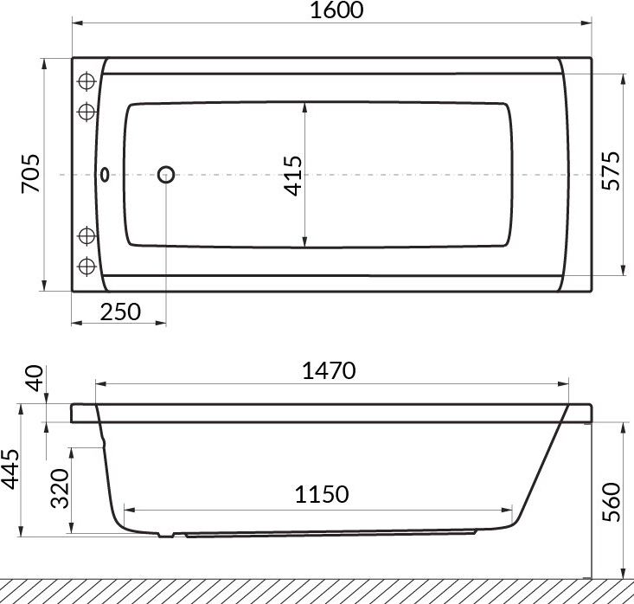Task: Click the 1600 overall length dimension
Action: (x=332, y=11)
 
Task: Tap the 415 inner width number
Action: (x=293, y=175)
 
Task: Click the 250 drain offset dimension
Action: (x=119, y=312)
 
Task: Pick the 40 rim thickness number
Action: (x=33, y=379)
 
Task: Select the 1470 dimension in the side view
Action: (x=329, y=370)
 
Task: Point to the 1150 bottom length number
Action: (x=321, y=494)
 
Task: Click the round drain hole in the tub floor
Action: (x=166, y=175)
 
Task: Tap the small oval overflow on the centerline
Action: (x=106, y=175)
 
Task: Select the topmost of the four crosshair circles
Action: (x=86, y=81)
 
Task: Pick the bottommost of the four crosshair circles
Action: (x=86, y=265)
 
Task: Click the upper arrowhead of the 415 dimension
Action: (x=305, y=109)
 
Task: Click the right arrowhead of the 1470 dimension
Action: (x=565, y=382)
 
